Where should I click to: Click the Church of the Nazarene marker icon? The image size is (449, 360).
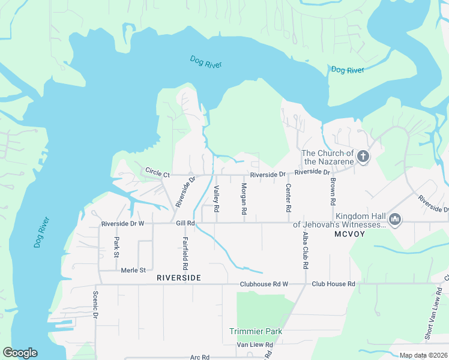(363, 157)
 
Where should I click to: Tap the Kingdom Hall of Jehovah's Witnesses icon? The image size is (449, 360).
(395, 220)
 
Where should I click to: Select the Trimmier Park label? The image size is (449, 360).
(255, 331)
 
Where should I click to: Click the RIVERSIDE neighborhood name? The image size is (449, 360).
(178, 278)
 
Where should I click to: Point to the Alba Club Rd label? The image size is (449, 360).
(306, 248)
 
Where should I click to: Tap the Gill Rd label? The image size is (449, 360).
(185, 223)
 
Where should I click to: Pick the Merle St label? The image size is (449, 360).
(133, 270)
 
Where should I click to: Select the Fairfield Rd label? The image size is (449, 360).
(185, 253)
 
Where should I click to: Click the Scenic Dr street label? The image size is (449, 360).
(95, 305)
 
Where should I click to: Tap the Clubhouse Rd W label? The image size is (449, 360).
(264, 284)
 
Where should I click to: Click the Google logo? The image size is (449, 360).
(20, 353)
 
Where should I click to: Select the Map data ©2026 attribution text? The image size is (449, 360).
(423, 355)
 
